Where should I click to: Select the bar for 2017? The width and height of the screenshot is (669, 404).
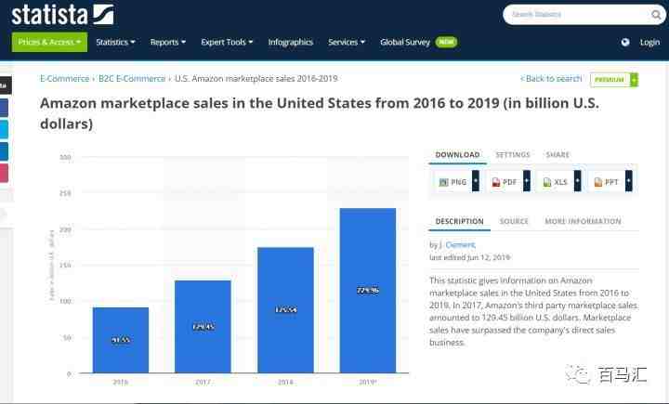pyautogui.click(x=203, y=326)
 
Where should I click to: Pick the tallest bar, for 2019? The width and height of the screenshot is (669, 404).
pyautogui.click(x=368, y=290)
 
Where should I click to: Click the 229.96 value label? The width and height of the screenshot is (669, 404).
pyautogui.click(x=368, y=291)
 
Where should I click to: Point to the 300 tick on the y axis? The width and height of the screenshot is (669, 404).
pyautogui.click(x=65, y=157)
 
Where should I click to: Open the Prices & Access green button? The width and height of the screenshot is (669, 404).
pyautogui.click(x=49, y=42)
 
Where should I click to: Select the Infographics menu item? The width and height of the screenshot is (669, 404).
pyautogui.click(x=290, y=42)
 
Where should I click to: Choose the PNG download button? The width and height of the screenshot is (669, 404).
pyautogui.click(x=453, y=182)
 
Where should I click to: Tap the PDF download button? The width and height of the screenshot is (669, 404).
pyautogui.click(x=505, y=182)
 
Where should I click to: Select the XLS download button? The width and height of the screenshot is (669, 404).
pyautogui.click(x=556, y=182)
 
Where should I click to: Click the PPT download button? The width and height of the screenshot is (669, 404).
pyautogui.click(x=606, y=182)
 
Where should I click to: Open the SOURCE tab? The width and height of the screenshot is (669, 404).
pyautogui.click(x=514, y=222)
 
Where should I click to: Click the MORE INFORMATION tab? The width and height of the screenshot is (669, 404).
pyautogui.click(x=583, y=222)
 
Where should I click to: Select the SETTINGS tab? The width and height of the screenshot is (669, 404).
pyautogui.click(x=513, y=155)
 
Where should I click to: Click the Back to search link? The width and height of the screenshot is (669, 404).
pyautogui.click(x=552, y=79)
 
